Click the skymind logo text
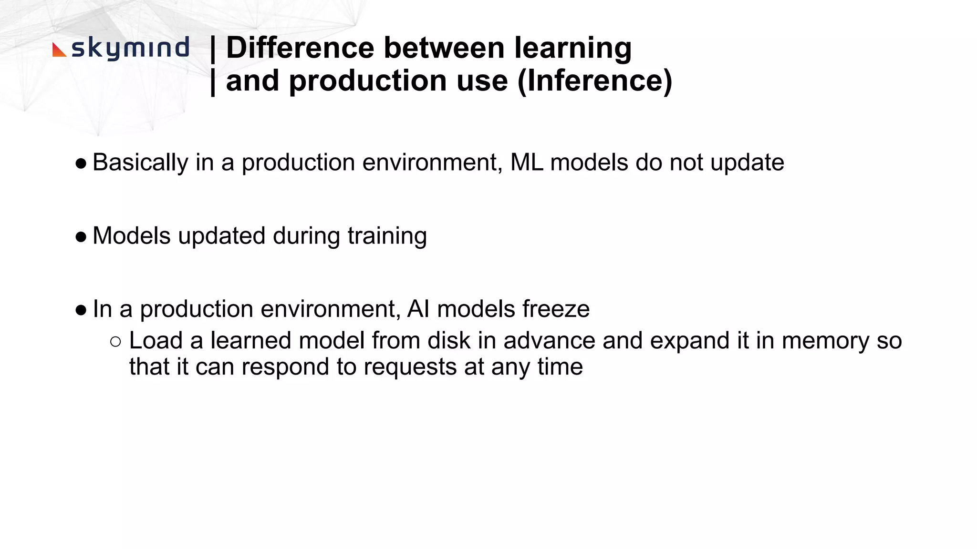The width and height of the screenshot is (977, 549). [130, 49]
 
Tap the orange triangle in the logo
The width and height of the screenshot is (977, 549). [58, 50]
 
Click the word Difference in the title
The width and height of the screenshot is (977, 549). [300, 48]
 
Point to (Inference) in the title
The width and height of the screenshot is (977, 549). [594, 81]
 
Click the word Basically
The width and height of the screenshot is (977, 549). [140, 163]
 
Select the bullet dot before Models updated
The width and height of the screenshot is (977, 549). [81, 237]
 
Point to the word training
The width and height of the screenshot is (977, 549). [387, 236]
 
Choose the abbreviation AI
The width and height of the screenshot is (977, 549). [418, 309]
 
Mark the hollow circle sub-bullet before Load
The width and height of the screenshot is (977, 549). [115, 341]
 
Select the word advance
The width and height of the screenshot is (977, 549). [549, 341]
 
